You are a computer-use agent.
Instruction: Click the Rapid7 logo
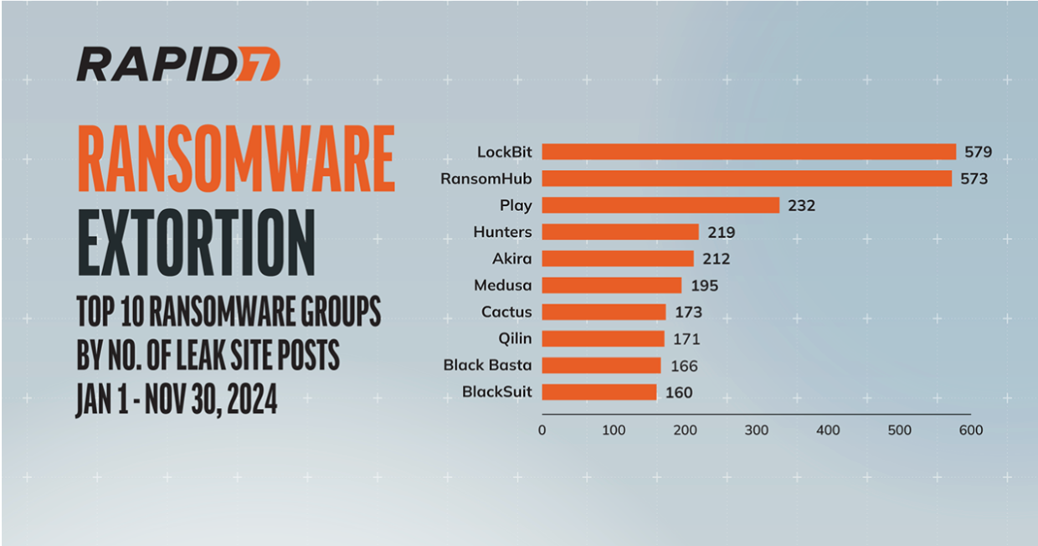(177, 64)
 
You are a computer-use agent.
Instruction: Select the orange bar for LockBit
(748, 152)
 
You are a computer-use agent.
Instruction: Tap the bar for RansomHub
(747, 178)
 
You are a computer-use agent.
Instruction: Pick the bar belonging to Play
(660, 205)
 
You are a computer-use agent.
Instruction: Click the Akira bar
(618, 258)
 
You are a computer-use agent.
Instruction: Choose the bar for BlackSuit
(599, 392)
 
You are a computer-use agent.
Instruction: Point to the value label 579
(978, 152)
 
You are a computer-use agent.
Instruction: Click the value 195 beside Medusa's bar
(704, 286)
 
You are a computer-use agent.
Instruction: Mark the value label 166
(683, 366)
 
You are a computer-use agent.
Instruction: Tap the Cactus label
(506, 312)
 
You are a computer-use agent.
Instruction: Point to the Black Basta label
(488, 366)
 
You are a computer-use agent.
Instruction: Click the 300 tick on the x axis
(757, 430)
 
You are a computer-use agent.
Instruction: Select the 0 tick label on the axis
(542, 430)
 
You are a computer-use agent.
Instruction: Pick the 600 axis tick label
(971, 430)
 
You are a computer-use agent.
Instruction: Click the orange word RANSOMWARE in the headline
(235, 159)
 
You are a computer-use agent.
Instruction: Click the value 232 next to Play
(801, 205)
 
